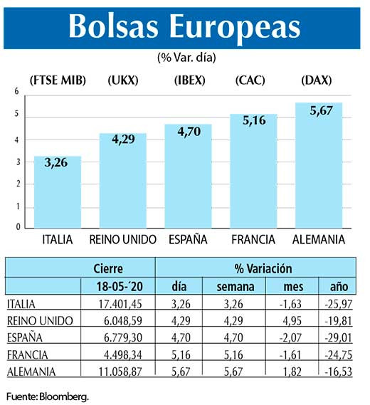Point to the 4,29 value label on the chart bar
(x=123, y=141)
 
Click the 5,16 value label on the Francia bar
(x=253, y=121)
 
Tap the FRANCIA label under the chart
(x=253, y=240)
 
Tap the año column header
(x=339, y=286)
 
